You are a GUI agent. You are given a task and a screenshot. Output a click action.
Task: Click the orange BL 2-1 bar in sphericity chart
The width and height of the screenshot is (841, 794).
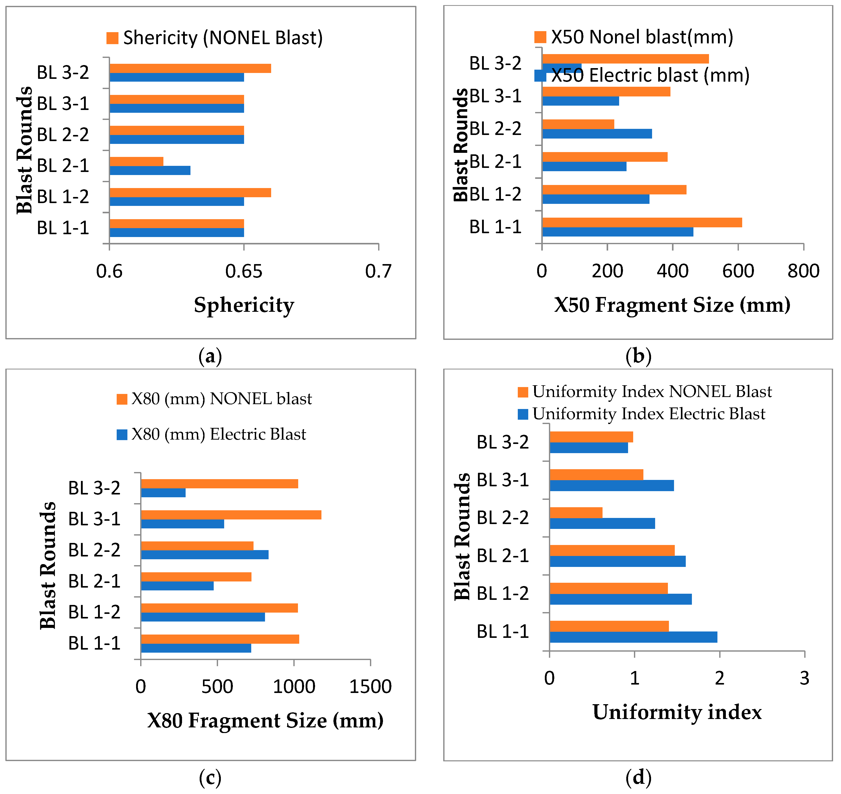point(136,161)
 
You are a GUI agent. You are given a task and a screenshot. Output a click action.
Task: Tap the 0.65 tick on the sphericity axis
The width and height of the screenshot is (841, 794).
point(244,271)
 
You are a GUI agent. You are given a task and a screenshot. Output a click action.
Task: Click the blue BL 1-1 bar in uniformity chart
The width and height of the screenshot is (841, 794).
point(633,637)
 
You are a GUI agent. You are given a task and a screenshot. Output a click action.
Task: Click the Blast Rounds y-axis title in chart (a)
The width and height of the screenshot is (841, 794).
point(25,150)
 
